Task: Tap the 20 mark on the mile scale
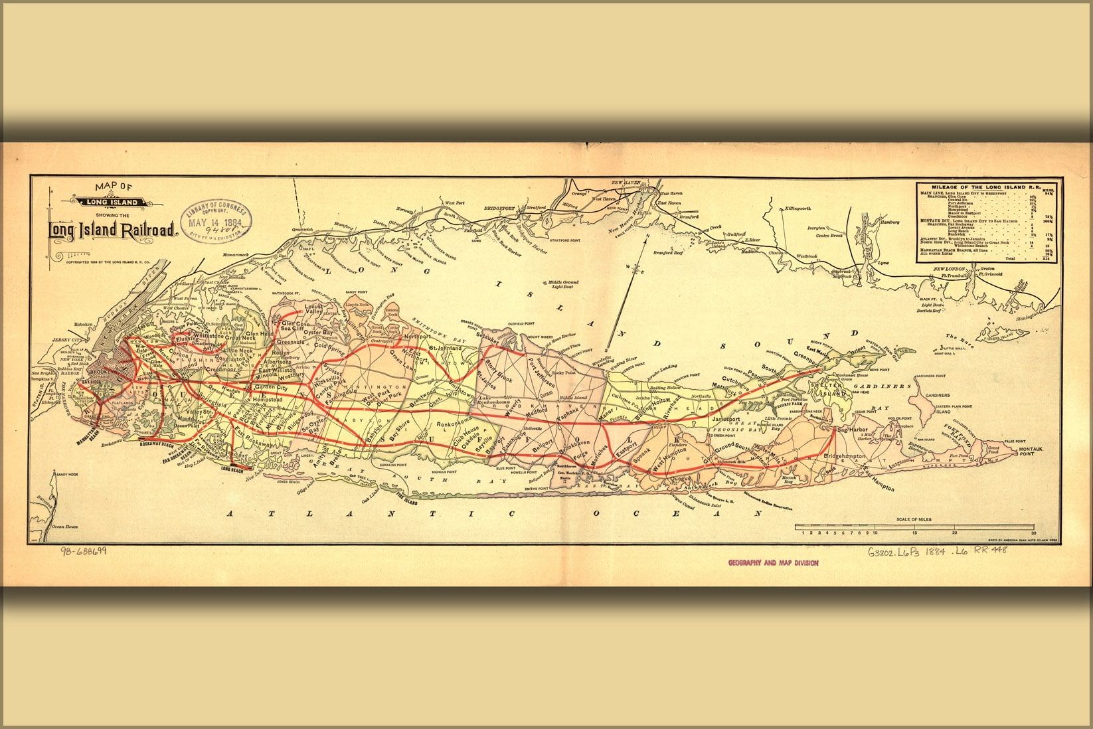click(x=954, y=532)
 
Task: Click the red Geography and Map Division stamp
click(x=773, y=563)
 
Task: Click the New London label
click(x=948, y=269)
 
